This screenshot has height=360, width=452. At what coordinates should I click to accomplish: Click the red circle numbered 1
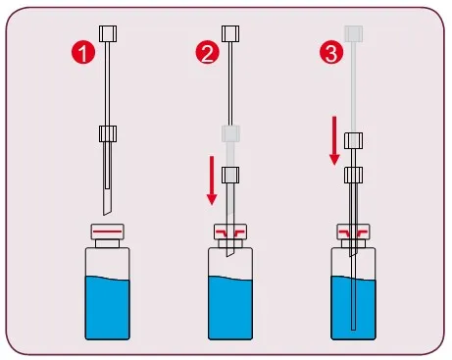(83, 52)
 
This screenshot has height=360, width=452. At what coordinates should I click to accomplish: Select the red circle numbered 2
(207, 52)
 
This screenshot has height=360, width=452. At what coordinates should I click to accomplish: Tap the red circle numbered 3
(331, 52)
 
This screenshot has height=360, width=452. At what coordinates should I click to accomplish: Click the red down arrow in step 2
(212, 180)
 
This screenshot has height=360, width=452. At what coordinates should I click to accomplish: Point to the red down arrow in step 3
(334, 140)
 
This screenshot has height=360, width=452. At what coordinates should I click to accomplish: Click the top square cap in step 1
(108, 33)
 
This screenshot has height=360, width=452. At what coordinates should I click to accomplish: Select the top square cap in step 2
(230, 33)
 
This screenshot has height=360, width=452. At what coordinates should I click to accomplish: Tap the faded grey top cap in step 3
(354, 33)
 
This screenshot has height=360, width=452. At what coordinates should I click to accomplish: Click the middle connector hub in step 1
(108, 133)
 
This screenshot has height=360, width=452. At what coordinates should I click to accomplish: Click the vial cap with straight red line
(108, 231)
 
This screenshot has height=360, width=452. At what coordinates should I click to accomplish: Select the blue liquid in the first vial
(108, 307)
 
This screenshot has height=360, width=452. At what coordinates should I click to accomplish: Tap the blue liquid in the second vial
(230, 307)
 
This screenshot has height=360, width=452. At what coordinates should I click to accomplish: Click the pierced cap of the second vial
(230, 231)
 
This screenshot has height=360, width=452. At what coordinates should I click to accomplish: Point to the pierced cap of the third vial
(353, 231)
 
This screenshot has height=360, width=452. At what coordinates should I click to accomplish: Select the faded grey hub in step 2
(230, 133)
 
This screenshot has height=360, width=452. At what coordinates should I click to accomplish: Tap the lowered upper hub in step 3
(353, 140)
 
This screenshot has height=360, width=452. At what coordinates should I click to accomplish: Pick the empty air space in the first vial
(108, 263)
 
